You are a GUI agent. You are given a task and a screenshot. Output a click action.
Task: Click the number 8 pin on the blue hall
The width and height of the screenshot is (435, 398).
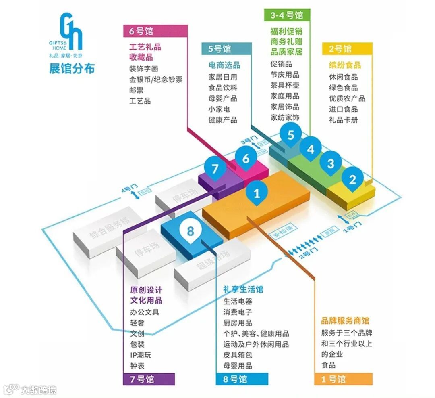191,231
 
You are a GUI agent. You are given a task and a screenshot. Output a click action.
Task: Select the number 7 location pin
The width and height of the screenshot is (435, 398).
215,168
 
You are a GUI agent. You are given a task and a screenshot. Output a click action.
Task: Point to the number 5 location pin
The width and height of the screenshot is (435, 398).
290,135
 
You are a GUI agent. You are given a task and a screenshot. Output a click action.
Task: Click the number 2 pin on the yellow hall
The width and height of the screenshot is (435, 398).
353,179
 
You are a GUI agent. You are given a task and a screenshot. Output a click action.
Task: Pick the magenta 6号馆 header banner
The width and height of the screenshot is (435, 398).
155,31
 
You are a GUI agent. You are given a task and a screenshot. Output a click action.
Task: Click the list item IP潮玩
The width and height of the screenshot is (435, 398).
141,355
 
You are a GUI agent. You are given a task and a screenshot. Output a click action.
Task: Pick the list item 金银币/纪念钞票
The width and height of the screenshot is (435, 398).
155,80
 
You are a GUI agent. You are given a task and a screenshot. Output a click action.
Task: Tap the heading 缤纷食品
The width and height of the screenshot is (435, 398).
345,65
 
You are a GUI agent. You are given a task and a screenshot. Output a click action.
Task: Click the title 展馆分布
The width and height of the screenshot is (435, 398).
72,69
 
